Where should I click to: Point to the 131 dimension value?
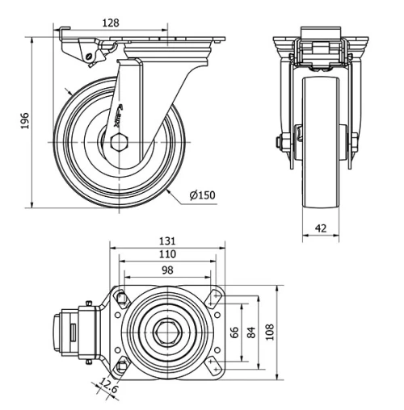tap(168, 241)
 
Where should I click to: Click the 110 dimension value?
tap(168, 253)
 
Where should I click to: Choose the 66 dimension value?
tap(235, 332)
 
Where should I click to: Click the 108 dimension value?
tap(271, 332)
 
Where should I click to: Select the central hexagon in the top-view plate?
tap(167, 332)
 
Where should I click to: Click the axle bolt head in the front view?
tap(280, 144)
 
